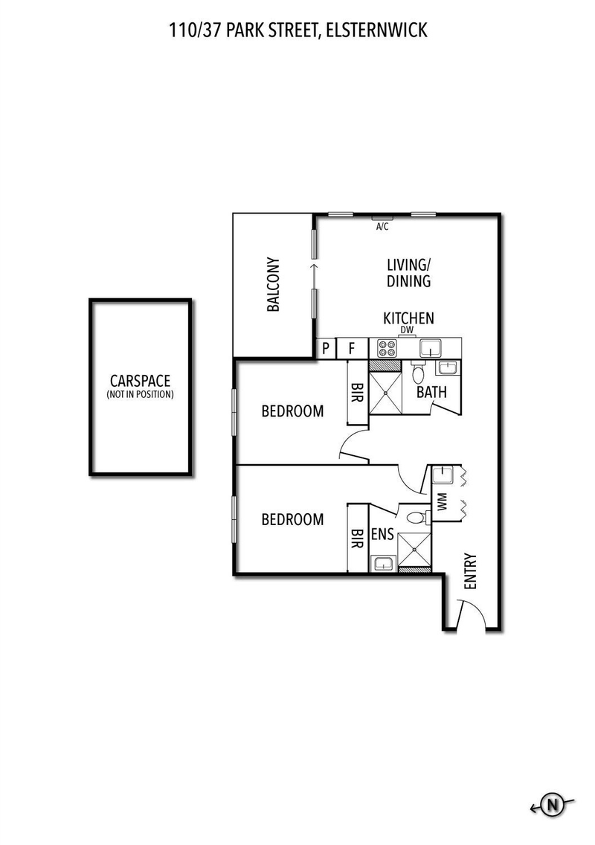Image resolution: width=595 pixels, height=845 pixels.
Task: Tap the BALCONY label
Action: (x=274, y=284)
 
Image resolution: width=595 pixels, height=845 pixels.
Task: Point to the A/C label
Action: (x=382, y=226)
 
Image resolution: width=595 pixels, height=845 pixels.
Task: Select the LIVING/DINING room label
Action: (x=408, y=272)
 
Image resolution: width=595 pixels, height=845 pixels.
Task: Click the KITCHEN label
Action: (x=408, y=318)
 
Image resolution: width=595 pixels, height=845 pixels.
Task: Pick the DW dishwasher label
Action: (x=406, y=330)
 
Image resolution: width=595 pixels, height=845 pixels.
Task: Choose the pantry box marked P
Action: (x=325, y=347)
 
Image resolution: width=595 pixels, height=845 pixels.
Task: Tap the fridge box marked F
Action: (x=353, y=347)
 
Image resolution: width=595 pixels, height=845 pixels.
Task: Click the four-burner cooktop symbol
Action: (x=387, y=347)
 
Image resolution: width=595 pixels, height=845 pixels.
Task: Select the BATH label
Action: (x=431, y=391)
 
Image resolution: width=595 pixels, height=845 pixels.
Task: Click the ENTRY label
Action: (x=469, y=572)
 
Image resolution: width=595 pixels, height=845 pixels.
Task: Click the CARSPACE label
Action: (x=140, y=381)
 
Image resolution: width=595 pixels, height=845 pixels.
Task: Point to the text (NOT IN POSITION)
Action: (x=140, y=394)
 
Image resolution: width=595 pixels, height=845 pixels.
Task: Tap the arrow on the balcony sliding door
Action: (x=314, y=266)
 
